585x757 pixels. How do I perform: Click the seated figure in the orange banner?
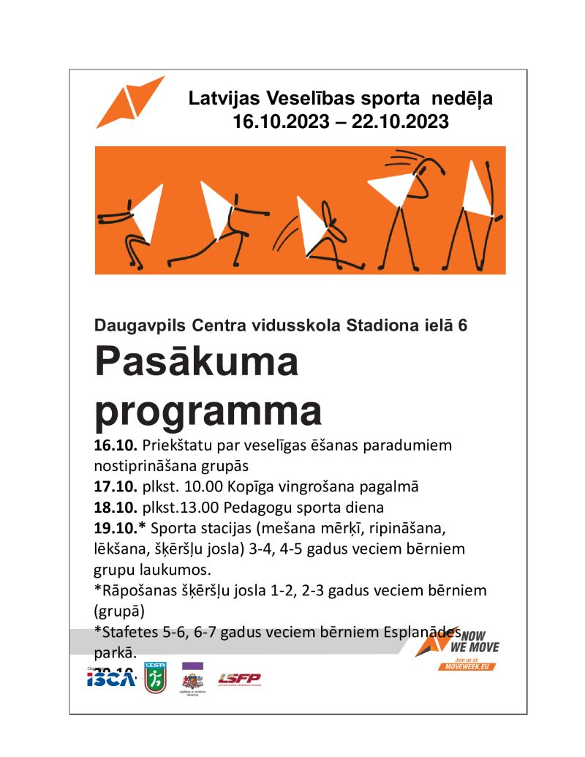coord(325,230)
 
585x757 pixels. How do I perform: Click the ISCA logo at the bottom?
coord(110,679)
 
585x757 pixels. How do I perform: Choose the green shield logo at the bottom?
coord(154,677)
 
